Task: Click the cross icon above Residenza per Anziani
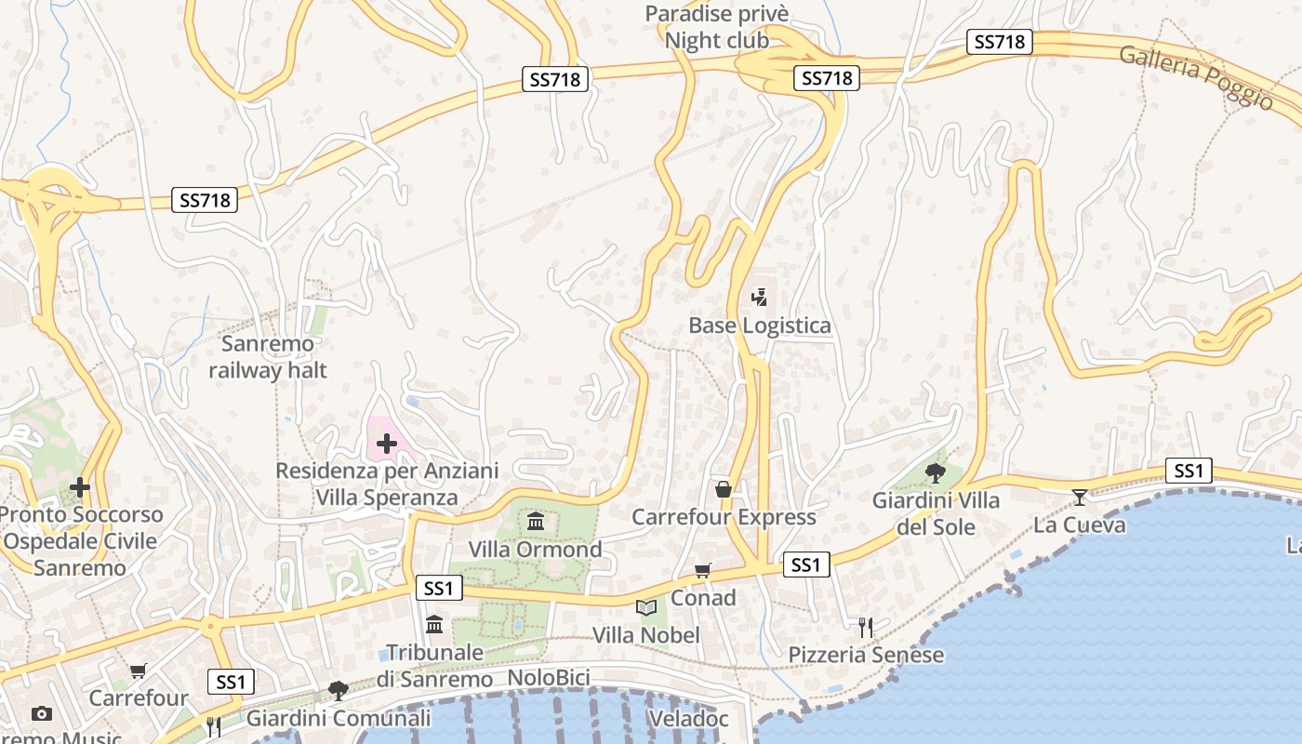[x=386, y=444]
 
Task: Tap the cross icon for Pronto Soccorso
[x=80, y=486]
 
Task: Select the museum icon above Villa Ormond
[x=536, y=521]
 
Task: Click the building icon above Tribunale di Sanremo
[x=434, y=624]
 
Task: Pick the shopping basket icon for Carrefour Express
[x=723, y=488]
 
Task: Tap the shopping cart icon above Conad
[x=703, y=570]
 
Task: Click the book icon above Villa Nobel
[x=645, y=607]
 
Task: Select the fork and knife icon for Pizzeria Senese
[x=866, y=627]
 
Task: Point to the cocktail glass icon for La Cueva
[x=1079, y=497]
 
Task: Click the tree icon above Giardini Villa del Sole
[x=936, y=472]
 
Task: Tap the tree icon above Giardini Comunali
[x=338, y=690]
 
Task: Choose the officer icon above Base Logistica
[x=759, y=298]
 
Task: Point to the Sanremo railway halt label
[x=268, y=357]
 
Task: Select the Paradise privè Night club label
[x=717, y=27]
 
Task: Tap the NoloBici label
[x=549, y=678]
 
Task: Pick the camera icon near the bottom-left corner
[x=41, y=713]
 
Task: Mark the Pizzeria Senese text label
[x=866, y=655]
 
